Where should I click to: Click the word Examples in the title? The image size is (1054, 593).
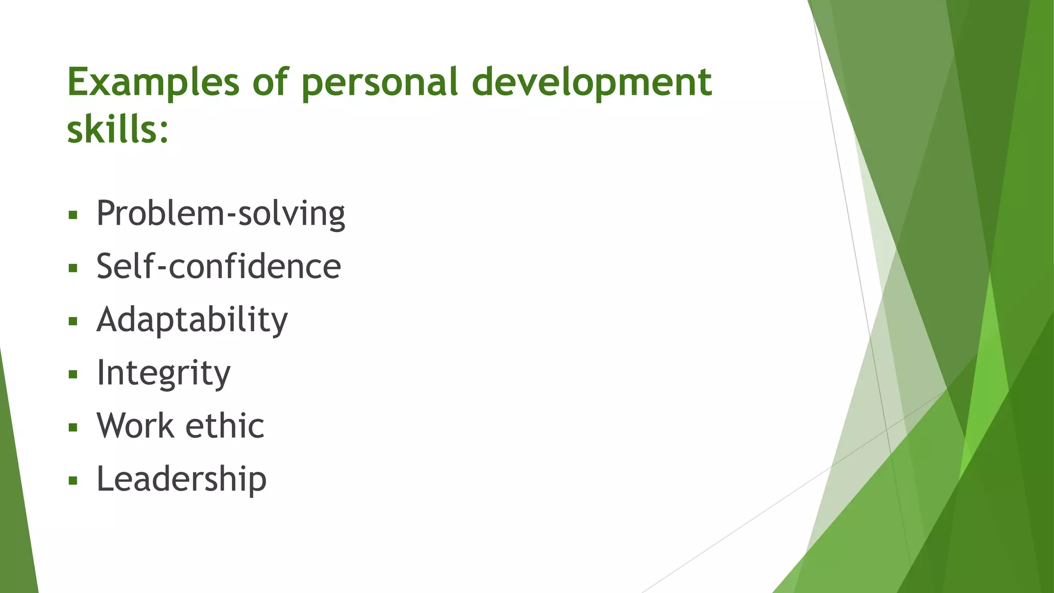tap(153, 82)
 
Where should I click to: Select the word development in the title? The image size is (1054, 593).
tap(591, 82)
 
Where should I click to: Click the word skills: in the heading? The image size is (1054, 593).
tap(118, 130)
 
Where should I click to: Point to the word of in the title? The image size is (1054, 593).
tap(270, 82)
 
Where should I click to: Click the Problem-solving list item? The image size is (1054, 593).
tap(220, 213)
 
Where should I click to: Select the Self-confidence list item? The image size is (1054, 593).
tap(218, 267)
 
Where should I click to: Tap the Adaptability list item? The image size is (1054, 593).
tap(192, 320)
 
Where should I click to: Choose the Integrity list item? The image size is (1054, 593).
tap(163, 373)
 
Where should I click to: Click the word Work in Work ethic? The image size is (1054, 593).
tap(135, 426)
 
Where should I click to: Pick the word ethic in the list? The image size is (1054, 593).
tap(224, 426)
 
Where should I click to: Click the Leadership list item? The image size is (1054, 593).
tap(181, 479)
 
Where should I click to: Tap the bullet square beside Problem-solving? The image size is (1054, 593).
tap(73, 215)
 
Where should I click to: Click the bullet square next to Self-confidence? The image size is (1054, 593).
tap(73, 268)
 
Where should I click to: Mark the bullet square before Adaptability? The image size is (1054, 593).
tap(73, 321)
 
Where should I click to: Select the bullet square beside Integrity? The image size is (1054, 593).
tap(73, 374)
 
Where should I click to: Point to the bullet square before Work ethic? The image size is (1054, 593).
tap(73, 427)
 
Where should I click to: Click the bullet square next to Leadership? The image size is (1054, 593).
tap(73, 481)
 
